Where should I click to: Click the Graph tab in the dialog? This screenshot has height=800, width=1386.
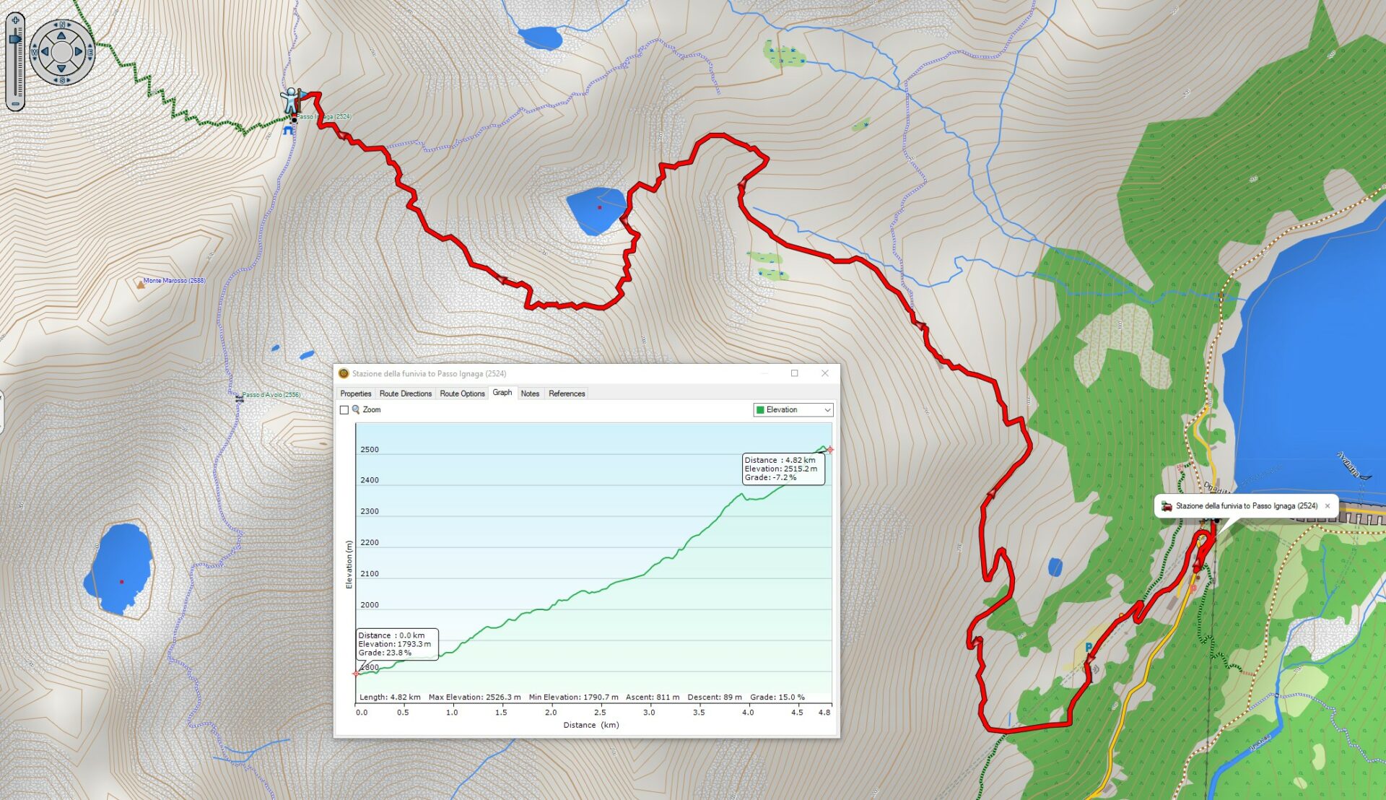click(x=502, y=393)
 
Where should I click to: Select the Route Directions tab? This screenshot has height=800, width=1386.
click(x=405, y=394)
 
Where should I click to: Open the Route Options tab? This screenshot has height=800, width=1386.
click(x=462, y=394)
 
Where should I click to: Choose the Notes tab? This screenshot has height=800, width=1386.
click(x=530, y=394)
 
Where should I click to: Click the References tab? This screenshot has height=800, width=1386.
click(x=567, y=394)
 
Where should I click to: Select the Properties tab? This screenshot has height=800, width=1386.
click(x=355, y=394)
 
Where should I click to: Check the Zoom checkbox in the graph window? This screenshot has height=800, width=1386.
click(x=344, y=410)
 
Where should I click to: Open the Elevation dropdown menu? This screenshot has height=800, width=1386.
click(x=793, y=410)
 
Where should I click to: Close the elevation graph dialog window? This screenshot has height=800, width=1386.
click(x=824, y=373)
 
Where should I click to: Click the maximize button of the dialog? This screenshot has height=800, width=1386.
click(x=794, y=373)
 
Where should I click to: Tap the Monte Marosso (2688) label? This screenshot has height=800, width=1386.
click(x=174, y=281)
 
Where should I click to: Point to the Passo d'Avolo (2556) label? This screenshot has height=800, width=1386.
click(x=271, y=395)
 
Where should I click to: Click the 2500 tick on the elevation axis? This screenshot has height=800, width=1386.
click(x=369, y=450)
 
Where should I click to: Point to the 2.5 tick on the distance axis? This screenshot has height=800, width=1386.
click(x=599, y=713)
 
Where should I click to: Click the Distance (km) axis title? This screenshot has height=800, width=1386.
click(x=590, y=725)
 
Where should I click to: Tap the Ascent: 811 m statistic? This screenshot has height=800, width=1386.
click(x=652, y=697)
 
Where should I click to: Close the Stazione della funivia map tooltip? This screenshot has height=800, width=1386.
click(x=1327, y=506)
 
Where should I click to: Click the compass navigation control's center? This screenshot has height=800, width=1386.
click(x=61, y=52)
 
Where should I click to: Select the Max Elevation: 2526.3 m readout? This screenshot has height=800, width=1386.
click(x=474, y=697)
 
